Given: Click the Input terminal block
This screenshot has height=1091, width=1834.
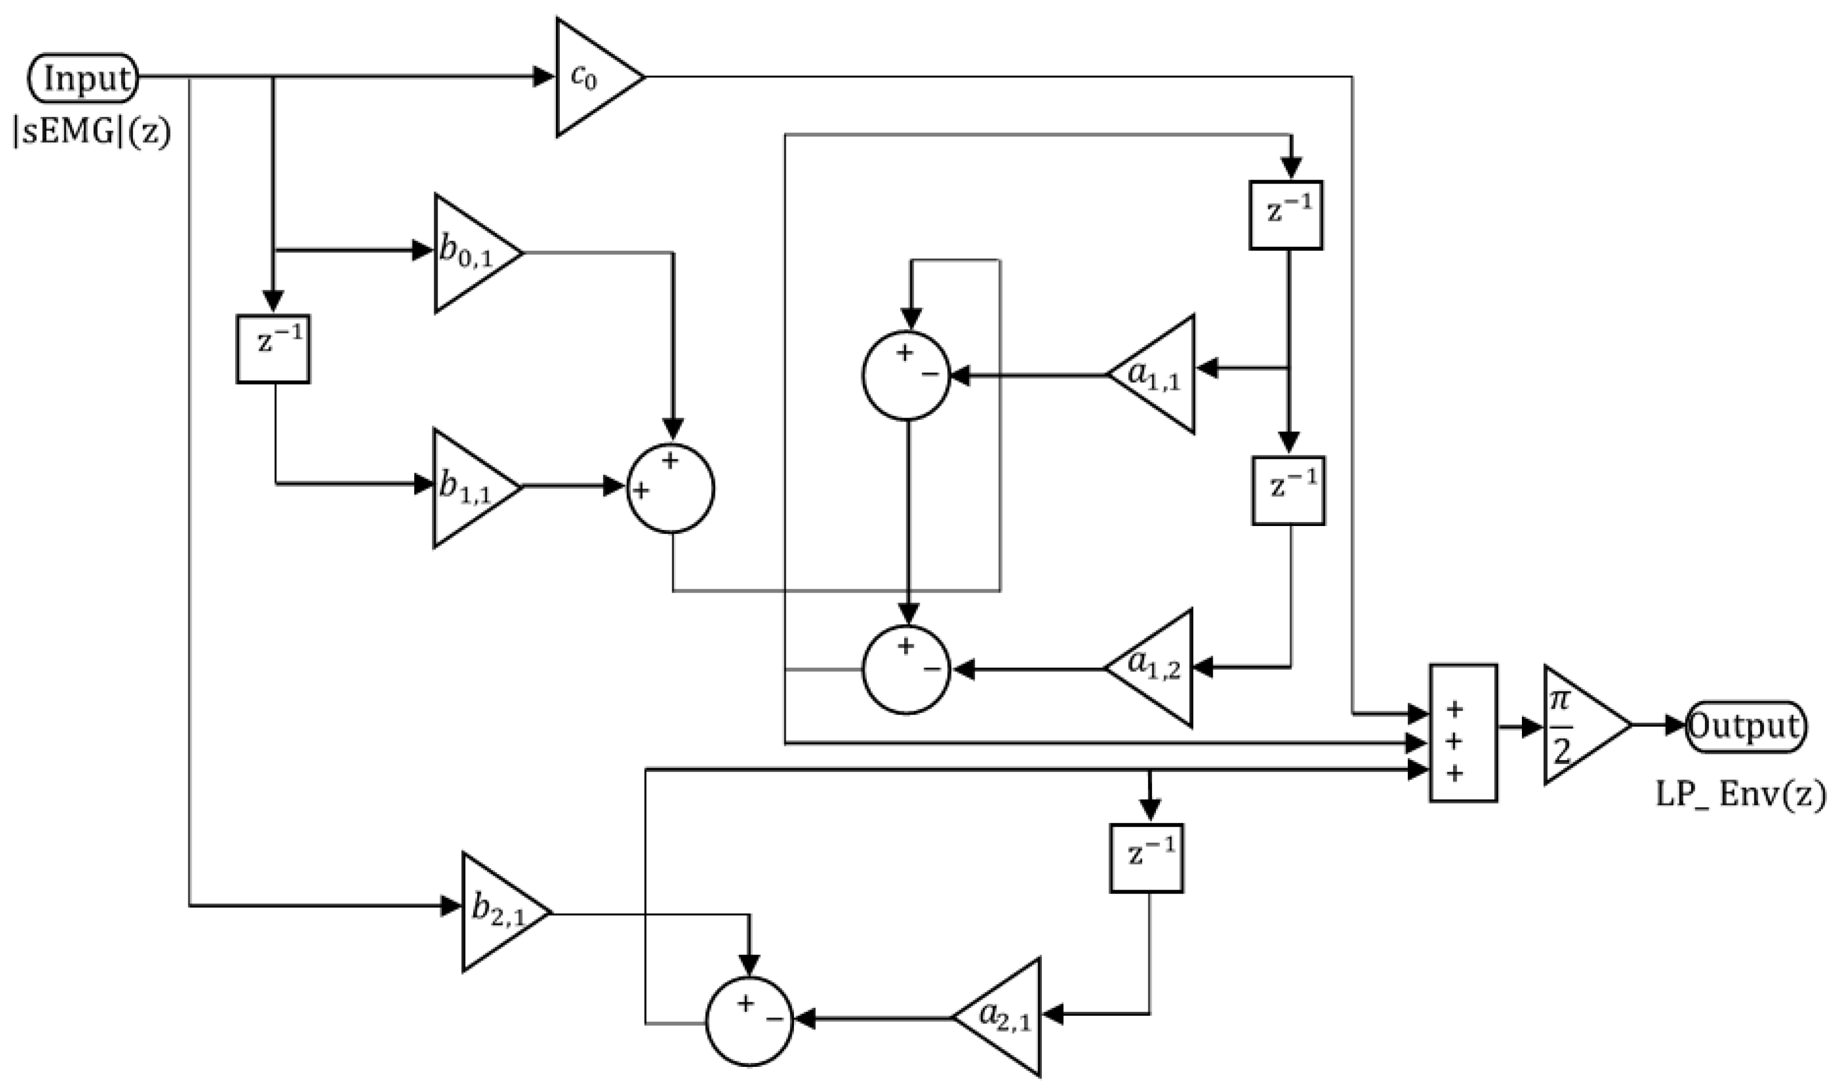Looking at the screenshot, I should click(x=83, y=78).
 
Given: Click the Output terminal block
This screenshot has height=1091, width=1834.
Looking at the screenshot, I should click(x=1745, y=726).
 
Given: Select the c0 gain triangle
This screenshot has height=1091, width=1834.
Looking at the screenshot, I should click(x=591, y=77).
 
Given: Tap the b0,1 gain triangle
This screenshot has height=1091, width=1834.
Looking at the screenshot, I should click(x=470, y=253).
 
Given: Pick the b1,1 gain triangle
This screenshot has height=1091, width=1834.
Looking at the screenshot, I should click(x=470, y=488).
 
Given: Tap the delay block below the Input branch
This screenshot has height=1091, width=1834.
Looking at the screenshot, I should click(x=272, y=349).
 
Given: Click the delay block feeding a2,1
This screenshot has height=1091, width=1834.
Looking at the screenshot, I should click(x=1146, y=858).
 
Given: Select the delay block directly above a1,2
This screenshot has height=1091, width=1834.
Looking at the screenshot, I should click(x=1288, y=490).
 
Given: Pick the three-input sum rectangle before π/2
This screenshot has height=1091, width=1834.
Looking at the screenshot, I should click(x=1463, y=733).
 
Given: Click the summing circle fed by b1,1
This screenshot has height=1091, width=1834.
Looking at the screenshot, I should click(x=671, y=488).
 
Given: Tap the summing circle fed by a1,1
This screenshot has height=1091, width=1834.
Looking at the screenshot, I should click(x=906, y=376).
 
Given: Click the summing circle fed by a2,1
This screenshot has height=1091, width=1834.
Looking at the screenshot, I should click(x=750, y=1020).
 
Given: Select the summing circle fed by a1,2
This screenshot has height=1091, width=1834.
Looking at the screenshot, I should click(x=906, y=669).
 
